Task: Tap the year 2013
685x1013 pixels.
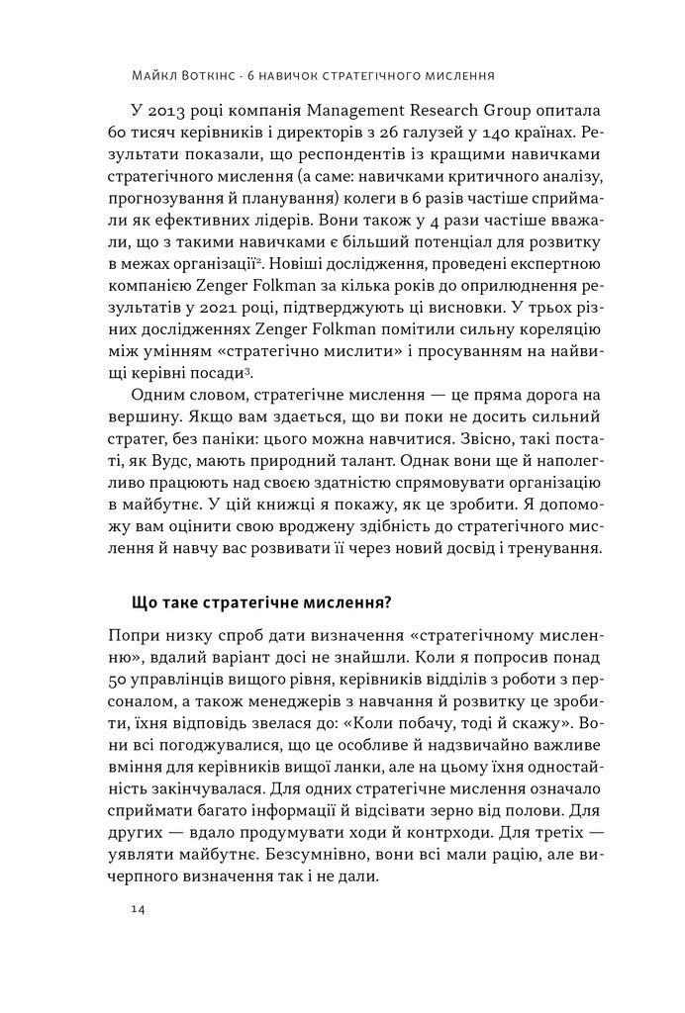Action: point(175,108)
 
